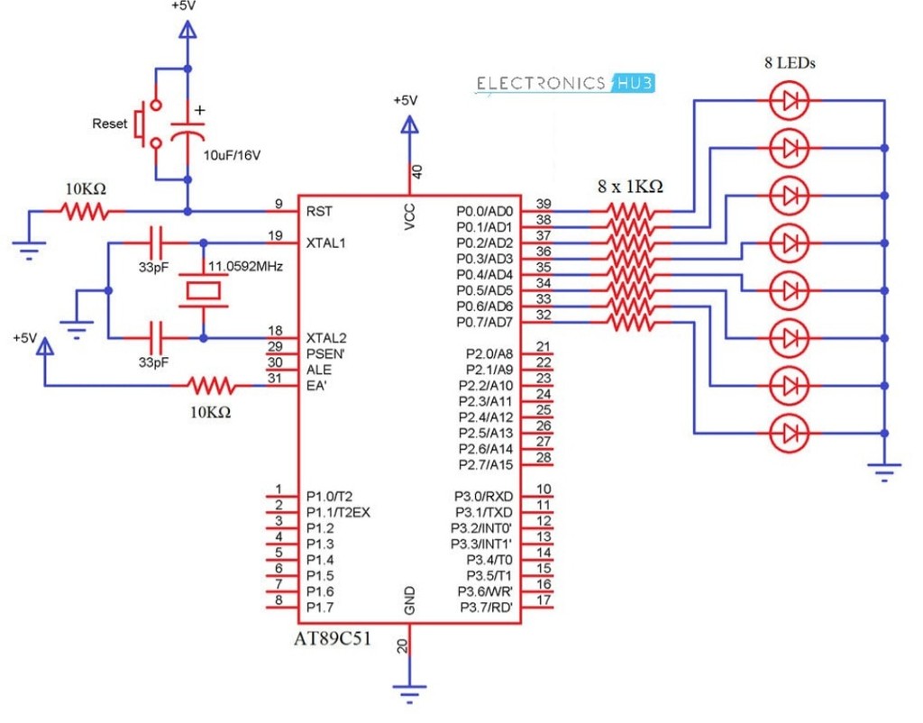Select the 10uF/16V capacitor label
coord(232,156)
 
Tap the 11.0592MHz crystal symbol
coord(203,291)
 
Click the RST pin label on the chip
coord(319,211)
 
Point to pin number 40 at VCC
coord(416,172)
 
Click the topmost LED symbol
coord(790,101)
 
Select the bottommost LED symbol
coord(790,434)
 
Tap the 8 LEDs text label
coord(790,62)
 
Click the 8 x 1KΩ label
coord(630,186)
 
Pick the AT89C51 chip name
coord(333,639)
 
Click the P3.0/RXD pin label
coord(483,497)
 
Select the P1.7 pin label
coord(320,608)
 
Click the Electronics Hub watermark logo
coord(564,84)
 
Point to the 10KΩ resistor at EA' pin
coord(211,386)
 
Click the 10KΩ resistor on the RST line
coord(86,211)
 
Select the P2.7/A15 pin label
coord(486,465)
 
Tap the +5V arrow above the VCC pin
coord(410,124)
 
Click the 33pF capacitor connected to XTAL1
coord(156,243)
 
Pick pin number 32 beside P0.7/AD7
coord(544,315)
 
